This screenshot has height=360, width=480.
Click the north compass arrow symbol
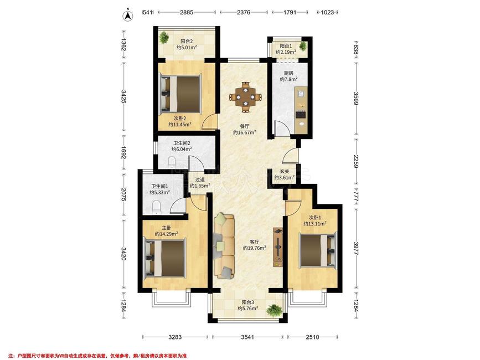(x=127, y=16)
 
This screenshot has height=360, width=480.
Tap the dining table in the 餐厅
(x=246, y=97)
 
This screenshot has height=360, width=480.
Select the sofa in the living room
(x=225, y=246)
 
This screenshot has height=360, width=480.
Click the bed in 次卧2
(x=180, y=94)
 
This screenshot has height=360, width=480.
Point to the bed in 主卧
(x=165, y=258)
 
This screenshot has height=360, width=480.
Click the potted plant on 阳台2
(x=164, y=37)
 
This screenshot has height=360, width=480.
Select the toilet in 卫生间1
(x=157, y=207)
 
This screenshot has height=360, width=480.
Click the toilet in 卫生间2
(x=172, y=162)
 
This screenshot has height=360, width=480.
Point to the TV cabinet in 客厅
(x=278, y=247)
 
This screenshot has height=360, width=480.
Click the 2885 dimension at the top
(x=187, y=12)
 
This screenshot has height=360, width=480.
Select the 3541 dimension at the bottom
(x=247, y=337)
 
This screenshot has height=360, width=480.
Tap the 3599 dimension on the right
(x=355, y=98)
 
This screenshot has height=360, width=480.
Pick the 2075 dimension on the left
(x=123, y=195)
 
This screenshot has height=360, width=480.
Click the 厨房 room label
(x=288, y=73)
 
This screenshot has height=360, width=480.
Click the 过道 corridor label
(x=200, y=179)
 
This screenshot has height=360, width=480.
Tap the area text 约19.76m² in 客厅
(x=254, y=248)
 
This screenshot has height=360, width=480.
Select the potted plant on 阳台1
(x=303, y=46)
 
